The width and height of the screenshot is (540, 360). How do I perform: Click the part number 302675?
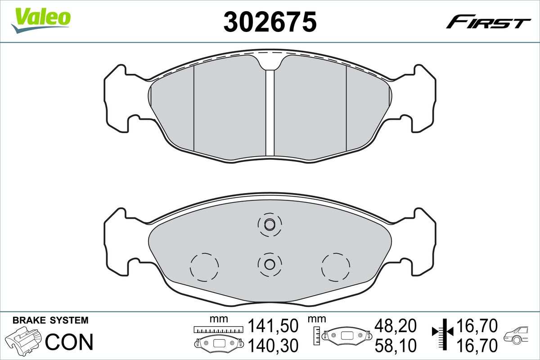click(x=270, y=22)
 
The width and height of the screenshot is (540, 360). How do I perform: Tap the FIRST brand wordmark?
click(x=488, y=22)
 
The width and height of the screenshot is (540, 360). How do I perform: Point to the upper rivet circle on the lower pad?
click(x=270, y=225)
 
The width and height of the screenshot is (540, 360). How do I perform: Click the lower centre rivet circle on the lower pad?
click(x=270, y=263)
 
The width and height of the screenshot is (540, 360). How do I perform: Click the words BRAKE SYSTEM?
click(x=50, y=320)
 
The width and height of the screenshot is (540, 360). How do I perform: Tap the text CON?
click(x=70, y=342)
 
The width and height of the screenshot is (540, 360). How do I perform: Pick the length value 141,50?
click(x=274, y=325)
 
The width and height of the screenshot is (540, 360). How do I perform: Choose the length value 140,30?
click(x=274, y=345)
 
